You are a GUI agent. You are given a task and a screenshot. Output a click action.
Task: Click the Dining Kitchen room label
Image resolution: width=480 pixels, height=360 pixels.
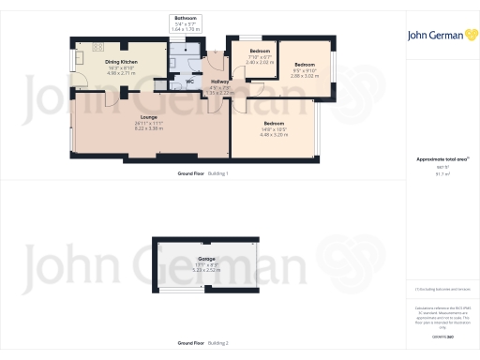click(x=121, y=61)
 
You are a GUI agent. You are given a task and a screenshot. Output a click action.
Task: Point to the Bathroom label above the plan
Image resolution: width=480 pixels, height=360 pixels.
click(x=187, y=19)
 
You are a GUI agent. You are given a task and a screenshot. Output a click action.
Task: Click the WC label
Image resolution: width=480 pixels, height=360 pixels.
click(x=189, y=82)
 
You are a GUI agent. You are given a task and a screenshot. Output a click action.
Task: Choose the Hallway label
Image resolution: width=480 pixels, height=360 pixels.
click(x=219, y=82)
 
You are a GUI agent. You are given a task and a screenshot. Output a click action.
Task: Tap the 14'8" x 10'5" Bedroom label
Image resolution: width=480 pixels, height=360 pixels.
click(x=274, y=124)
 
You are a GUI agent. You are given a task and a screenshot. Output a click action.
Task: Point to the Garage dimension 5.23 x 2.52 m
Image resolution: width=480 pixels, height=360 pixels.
click(x=205, y=270)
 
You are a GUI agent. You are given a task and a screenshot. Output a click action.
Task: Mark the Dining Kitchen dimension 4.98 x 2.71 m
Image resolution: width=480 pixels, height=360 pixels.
click(x=121, y=72)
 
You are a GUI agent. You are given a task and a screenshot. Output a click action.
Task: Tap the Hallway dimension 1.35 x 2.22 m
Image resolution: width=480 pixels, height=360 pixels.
click(x=219, y=93)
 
